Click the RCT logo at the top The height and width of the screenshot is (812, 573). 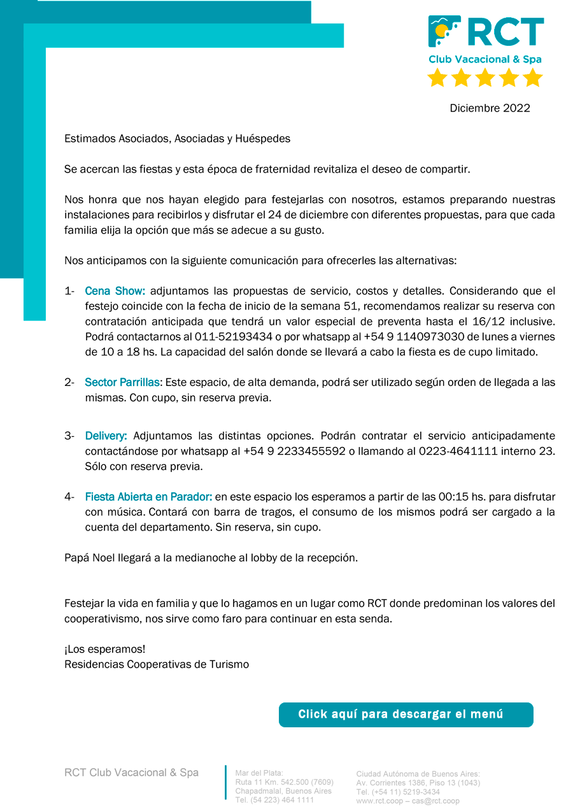point(485,32)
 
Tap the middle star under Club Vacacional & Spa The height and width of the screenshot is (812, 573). point(485,78)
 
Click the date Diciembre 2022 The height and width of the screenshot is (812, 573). point(490,108)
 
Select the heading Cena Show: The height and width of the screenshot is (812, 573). point(115,291)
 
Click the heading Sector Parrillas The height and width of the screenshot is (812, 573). point(123,383)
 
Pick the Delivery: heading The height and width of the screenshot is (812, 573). point(106,436)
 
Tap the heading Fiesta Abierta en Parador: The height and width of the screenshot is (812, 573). point(148,497)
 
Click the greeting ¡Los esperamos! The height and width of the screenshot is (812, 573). point(104,650)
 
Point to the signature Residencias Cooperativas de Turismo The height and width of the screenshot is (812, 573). point(157,665)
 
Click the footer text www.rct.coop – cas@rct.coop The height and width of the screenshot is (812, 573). point(407,801)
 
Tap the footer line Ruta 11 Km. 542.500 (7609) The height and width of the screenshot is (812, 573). point(284,782)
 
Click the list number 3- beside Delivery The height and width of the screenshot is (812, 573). point(69,436)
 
